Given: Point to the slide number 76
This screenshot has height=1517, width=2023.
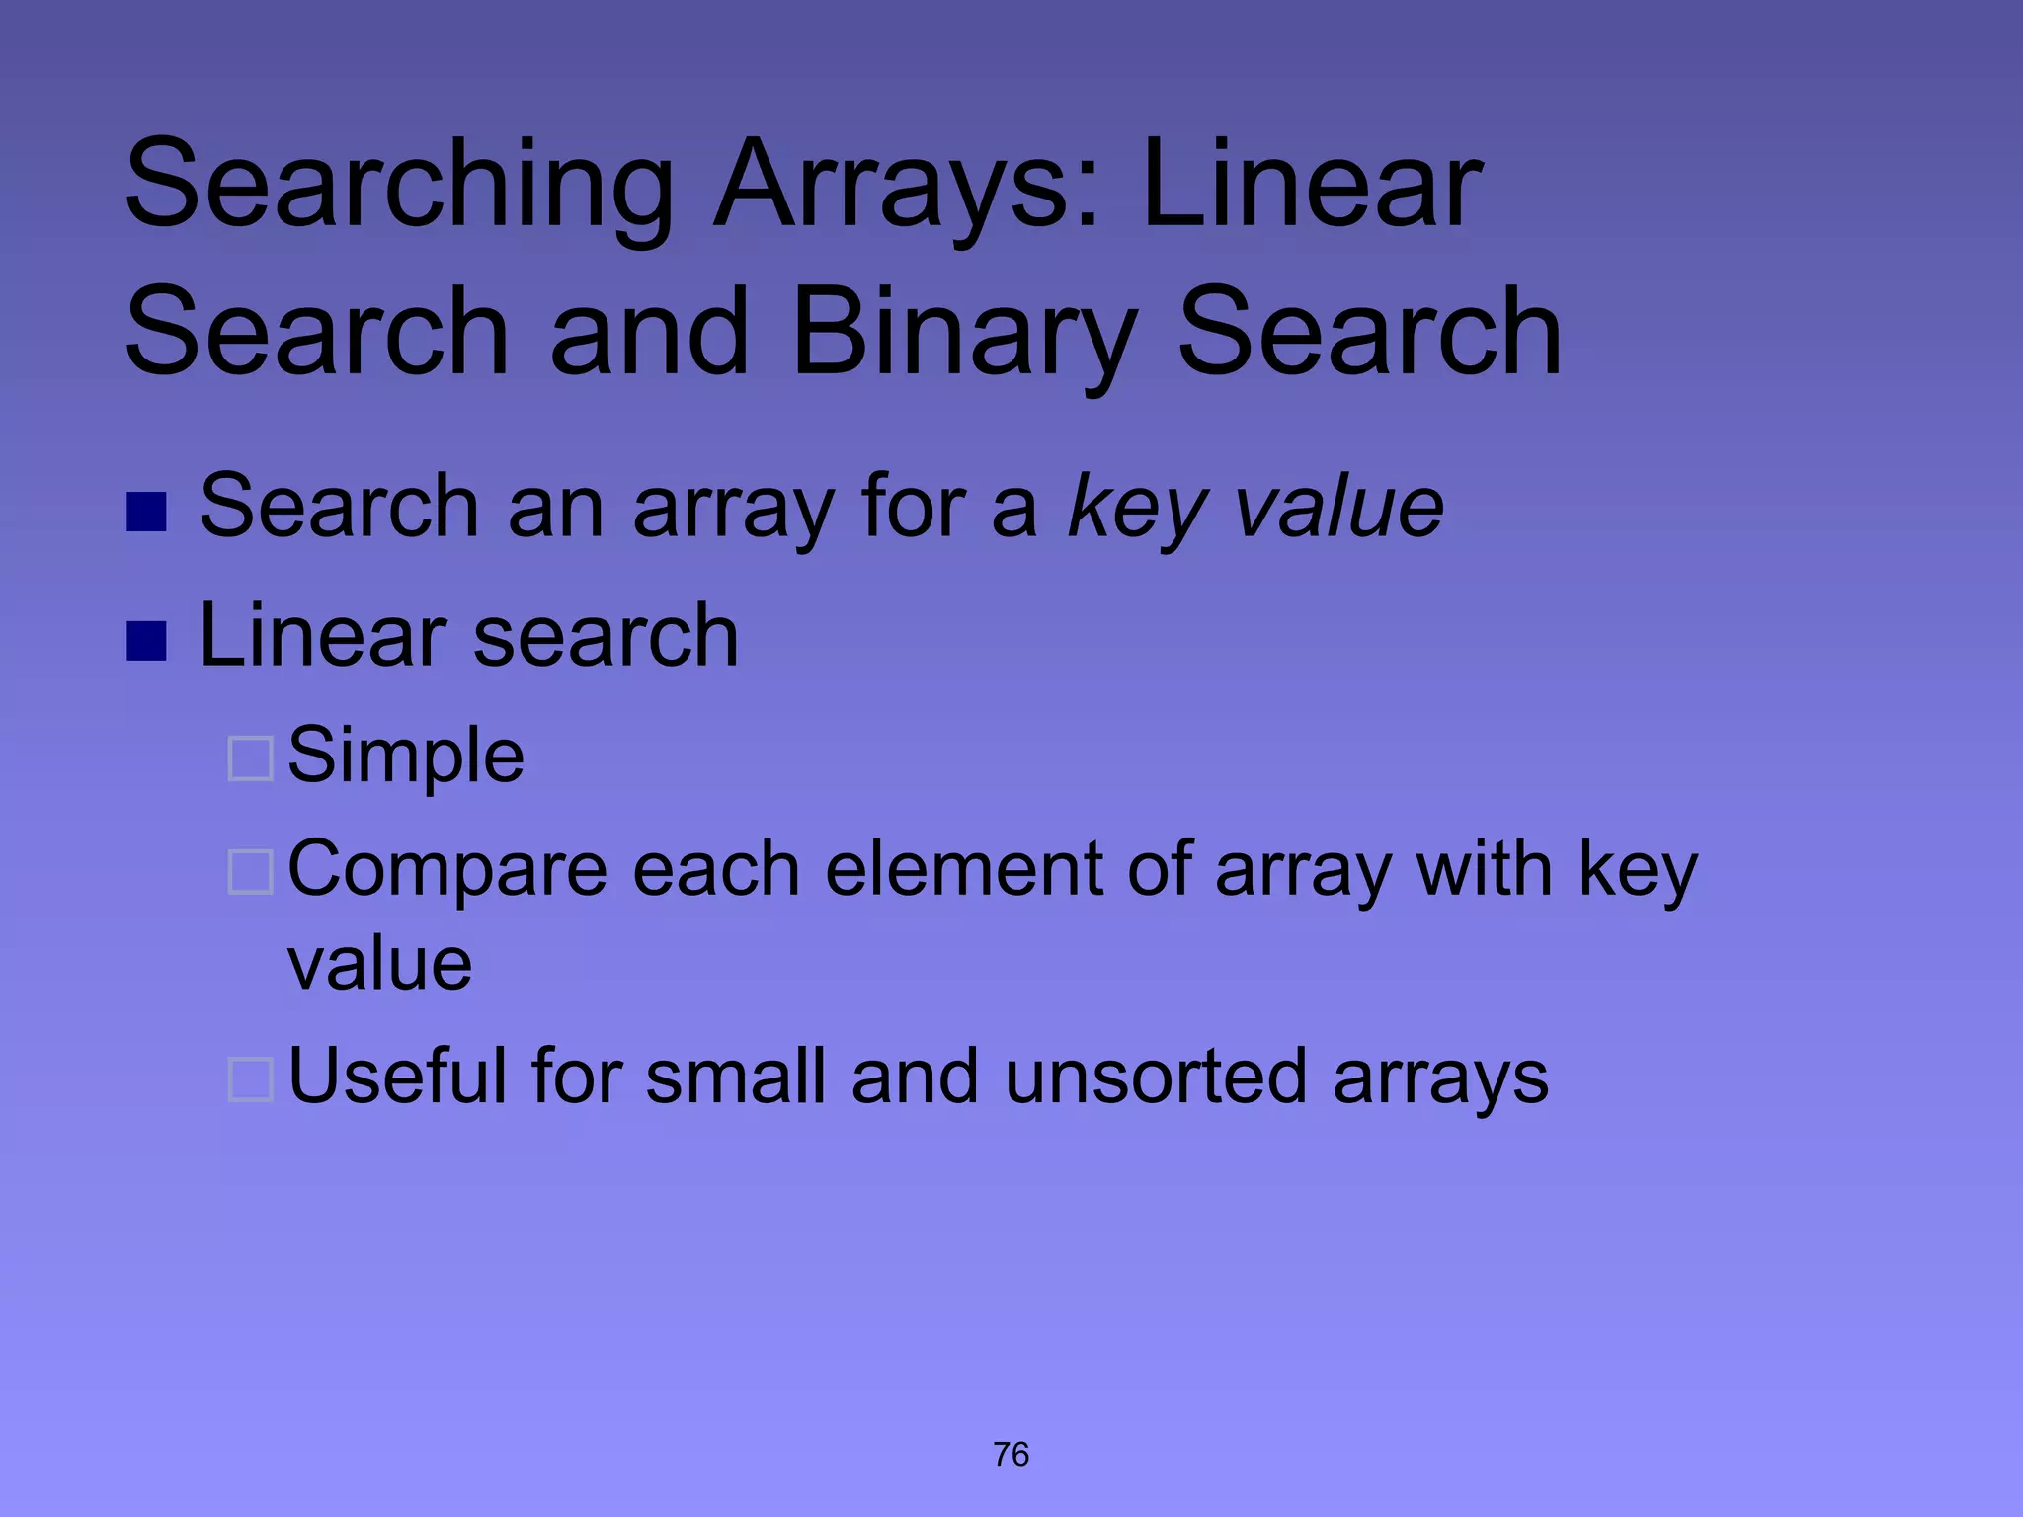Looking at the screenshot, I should [x=1011, y=1455].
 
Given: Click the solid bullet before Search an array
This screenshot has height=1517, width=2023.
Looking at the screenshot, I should [x=146, y=512].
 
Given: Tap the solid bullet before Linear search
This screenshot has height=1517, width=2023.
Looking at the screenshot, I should [x=146, y=641].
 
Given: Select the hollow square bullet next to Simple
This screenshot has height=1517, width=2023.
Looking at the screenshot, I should [x=250, y=758].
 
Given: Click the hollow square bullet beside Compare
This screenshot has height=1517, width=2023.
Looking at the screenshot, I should [x=250, y=872].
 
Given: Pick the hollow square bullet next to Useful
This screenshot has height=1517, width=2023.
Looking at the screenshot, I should [x=250, y=1079].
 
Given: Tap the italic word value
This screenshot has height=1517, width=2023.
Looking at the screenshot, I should [x=1340, y=508].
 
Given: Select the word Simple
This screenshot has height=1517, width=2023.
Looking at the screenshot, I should [x=406, y=757].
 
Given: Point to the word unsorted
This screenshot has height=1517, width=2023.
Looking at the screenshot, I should [x=1158, y=1077].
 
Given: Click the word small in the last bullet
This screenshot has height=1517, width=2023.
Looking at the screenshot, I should [x=736, y=1077].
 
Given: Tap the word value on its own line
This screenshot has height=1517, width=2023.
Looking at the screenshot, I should [x=379, y=964].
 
